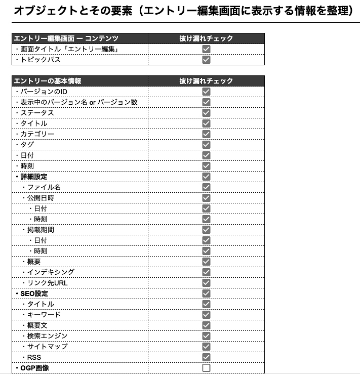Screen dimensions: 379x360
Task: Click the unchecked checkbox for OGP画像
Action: [x=206, y=368]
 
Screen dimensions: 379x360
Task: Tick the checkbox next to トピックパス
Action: [x=206, y=60]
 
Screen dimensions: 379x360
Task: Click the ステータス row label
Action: [x=37, y=113]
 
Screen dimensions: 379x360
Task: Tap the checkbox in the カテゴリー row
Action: [x=206, y=134]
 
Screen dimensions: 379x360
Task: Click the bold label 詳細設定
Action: [x=34, y=177]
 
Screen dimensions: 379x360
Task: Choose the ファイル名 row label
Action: [x=44, y=187]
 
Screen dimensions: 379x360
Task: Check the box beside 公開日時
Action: [x=206, y=198]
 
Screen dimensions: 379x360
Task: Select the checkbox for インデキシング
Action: [x=206, y=272]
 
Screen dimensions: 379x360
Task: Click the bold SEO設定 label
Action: [x=34, y=293]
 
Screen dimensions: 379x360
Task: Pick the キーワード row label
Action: [x=44, y=315]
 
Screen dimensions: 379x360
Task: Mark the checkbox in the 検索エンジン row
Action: [x=206, y=336]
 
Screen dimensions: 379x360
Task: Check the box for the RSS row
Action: [x=206, y=357]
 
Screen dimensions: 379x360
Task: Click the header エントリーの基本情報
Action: [x=48, y=81]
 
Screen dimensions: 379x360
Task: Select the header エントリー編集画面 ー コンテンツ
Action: [x=66, y=38]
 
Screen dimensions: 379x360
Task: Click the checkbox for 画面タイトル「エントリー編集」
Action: [x=206, y=49]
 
